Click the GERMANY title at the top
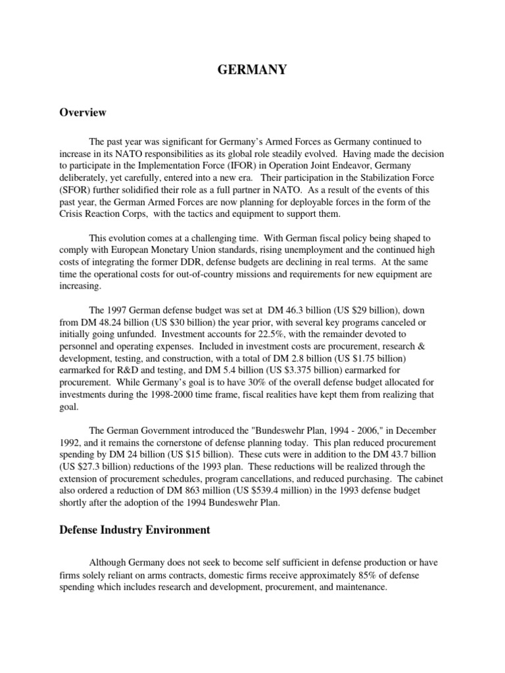click(252, 70)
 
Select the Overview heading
click(82, 112)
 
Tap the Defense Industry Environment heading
click(135, 530)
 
